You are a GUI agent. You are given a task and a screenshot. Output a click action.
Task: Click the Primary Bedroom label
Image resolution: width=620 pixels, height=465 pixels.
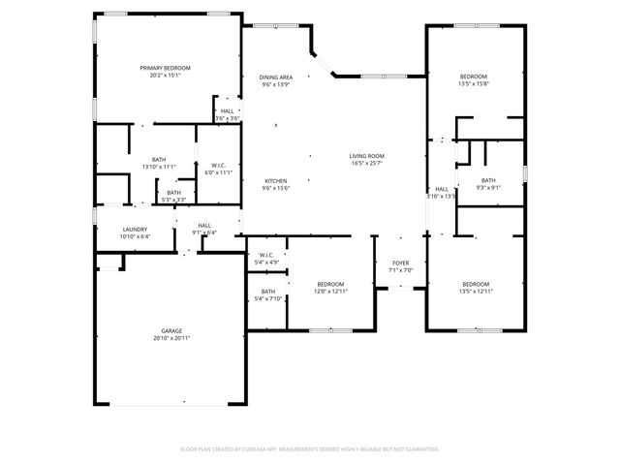165,68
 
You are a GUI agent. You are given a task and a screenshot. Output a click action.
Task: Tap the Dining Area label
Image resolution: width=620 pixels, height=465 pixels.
276,77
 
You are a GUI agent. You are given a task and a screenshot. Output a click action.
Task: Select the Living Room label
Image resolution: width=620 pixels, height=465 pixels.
367,156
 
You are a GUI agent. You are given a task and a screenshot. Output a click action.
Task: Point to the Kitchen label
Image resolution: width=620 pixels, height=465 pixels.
276,181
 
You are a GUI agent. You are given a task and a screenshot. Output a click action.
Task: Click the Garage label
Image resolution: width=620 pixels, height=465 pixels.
171,331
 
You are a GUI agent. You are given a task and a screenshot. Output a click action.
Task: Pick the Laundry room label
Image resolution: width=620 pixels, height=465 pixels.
135,229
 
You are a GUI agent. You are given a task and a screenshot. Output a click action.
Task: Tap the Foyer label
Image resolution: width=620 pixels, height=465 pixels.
400,263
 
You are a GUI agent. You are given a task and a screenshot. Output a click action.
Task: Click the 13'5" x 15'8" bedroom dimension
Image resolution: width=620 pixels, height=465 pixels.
473,84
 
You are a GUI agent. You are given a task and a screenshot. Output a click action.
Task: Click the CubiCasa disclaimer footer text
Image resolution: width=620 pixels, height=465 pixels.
310,449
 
